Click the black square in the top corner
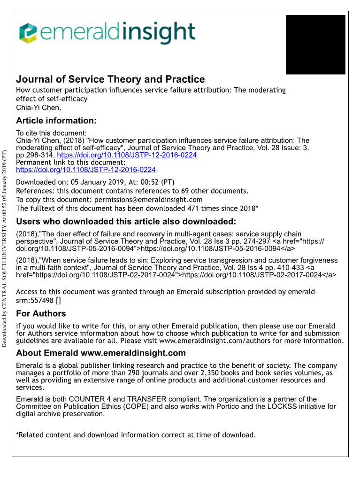[x=315, y=45]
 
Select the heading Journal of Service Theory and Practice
[x=110, y=79]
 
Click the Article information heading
[x=56, y=121]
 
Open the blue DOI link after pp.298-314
[x=127, y=155]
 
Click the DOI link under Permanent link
[x=86, y=170]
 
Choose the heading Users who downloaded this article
[x=126, y=222]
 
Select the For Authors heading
[x=41, y=314]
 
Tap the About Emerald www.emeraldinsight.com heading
[x=101, y=353]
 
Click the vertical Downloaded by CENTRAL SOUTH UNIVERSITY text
[x=4, y=249]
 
